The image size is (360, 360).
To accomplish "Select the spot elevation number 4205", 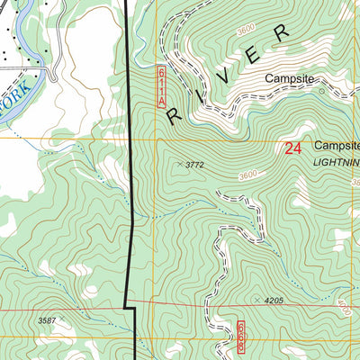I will (274, 301).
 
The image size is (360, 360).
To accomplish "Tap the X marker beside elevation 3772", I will (179, 165).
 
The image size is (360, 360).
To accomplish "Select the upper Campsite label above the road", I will (289, 79).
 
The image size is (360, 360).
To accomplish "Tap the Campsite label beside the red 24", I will (337, 145).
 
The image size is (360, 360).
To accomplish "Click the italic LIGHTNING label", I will (335, 161).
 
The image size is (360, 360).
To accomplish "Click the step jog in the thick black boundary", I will (129, 308).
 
